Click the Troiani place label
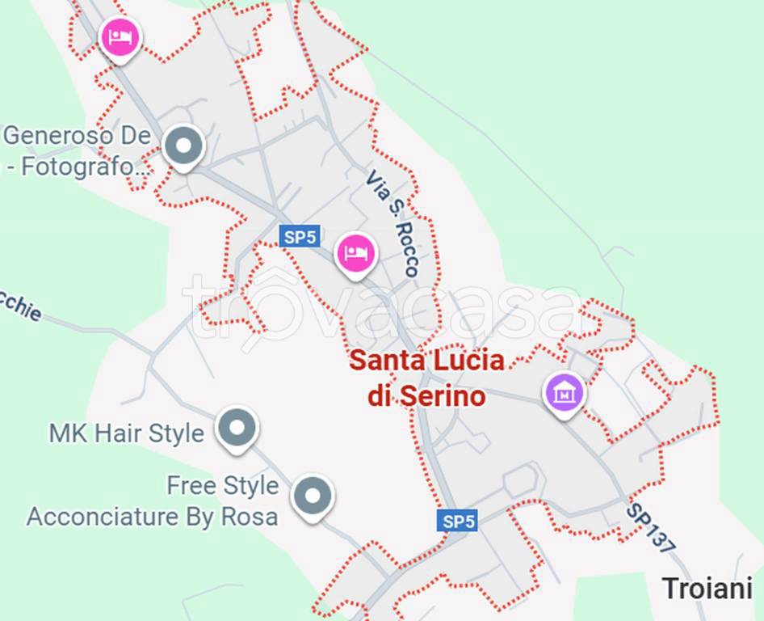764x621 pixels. coord(707,588)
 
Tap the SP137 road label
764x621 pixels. coord(650,529)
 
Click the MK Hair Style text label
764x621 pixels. coord(126,433)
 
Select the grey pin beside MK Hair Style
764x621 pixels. coord(237,427)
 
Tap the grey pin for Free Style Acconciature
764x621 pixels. coord(312,495)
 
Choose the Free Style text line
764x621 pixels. coord(222,485)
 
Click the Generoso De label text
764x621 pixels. coord(78,135)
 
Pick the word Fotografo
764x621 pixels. coord(91,167)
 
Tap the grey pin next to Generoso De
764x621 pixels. coord(183,146)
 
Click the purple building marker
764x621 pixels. coord(565,393)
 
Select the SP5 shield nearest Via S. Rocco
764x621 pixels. coord(300,237)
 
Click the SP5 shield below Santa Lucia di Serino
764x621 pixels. coord(458,522)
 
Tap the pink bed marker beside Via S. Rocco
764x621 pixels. coord(355,253)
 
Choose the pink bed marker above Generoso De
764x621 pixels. coord(120,36)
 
